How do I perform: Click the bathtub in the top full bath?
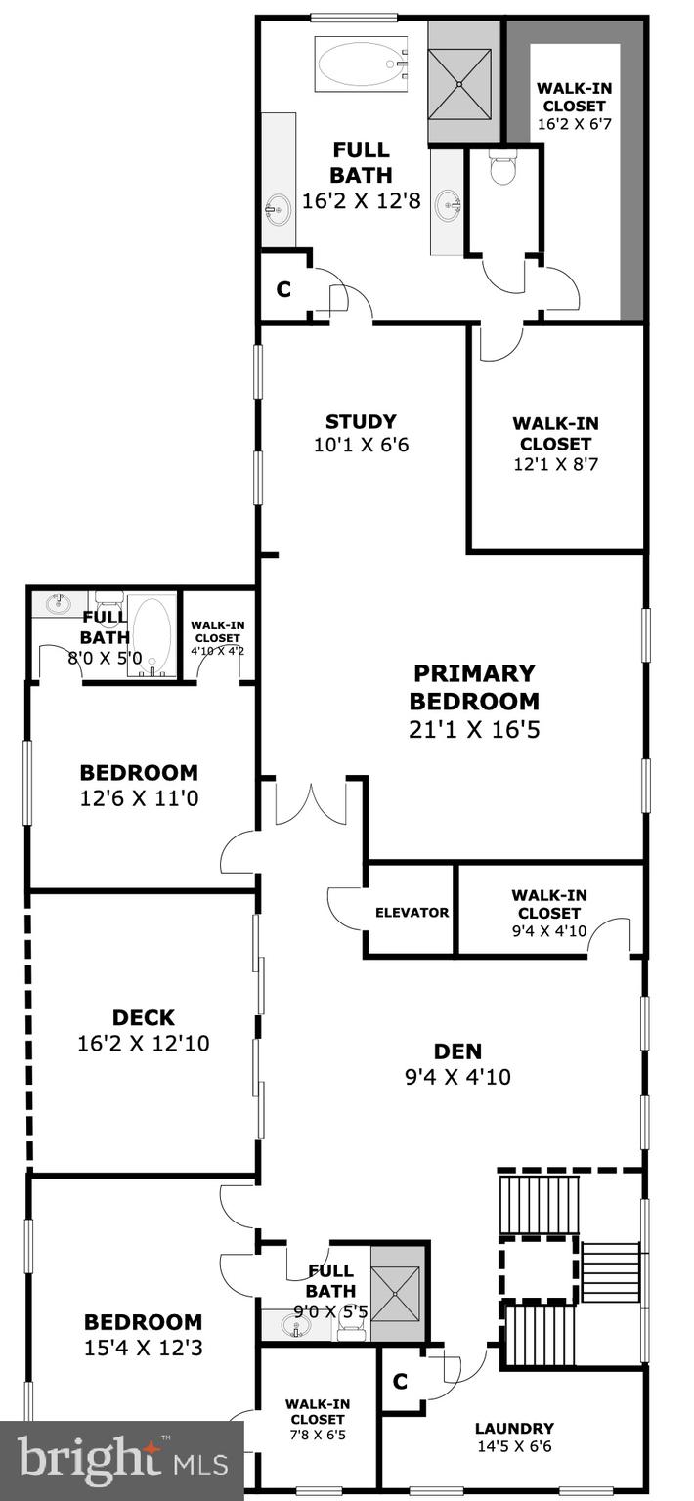pos(361,65)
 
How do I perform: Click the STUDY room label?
pos(361,422)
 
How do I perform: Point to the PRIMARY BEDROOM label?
pos(473,687)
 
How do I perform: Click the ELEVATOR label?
pos(412,913)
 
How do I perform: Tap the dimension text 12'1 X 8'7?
pos(555,464)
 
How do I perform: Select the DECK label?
pos(143,1018)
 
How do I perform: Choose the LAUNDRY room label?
pos(514,1428)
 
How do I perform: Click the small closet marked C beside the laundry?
pos(399,1381)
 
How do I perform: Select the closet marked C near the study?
pos(283,290)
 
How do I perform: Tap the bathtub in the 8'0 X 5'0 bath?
pos(152,636)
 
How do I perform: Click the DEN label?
pos(458,1051)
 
